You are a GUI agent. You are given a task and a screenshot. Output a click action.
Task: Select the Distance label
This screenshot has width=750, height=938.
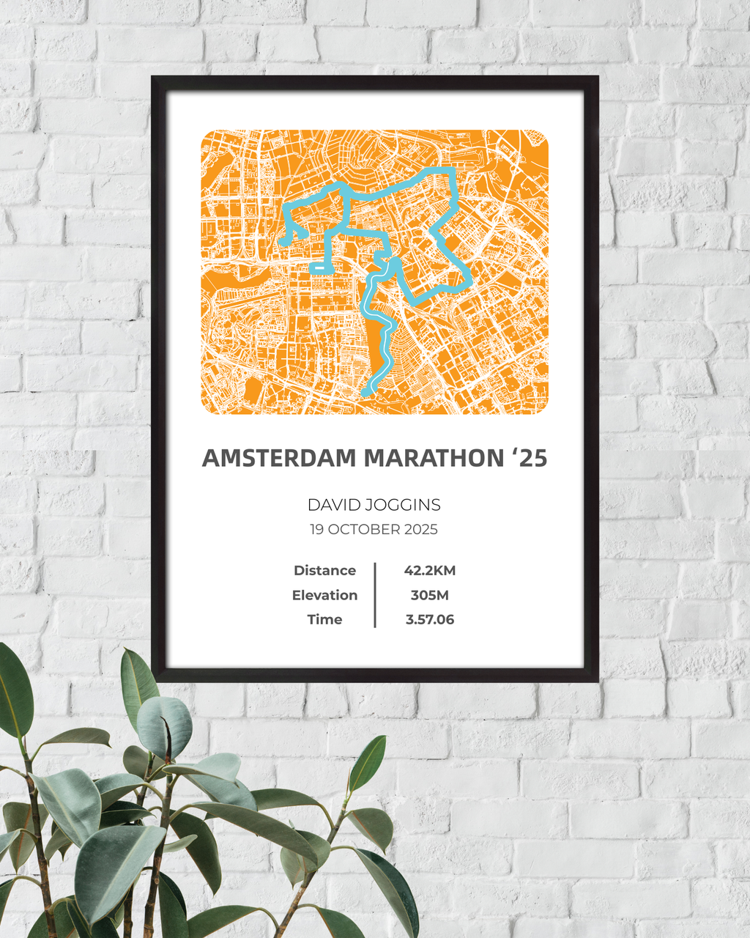tap(324, 570)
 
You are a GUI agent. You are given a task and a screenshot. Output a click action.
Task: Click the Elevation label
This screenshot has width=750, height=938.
tap(324, 595)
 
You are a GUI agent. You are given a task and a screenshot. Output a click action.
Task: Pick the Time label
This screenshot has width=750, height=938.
tap(324, 619)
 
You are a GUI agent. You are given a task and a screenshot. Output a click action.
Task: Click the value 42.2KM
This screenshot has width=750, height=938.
tap(430, 570)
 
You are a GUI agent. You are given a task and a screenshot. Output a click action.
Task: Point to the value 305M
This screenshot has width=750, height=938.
tap(430, 595)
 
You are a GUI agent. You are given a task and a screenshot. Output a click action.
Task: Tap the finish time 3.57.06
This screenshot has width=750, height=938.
tap(430, 619)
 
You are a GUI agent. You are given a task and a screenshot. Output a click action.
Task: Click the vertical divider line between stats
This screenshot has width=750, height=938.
tap(375, 595)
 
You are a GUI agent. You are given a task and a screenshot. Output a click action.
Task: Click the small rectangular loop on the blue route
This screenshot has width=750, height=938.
tap(321, 268)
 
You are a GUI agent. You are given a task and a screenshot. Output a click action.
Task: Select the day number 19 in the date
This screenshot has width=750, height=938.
tap(316, 529)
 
